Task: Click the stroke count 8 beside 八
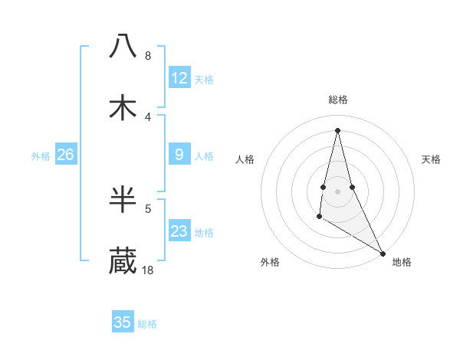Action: coord(147,56)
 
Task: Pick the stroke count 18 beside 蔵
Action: coord(148,270)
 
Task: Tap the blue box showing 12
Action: coord(179,78)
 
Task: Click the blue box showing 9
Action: coord(179,155)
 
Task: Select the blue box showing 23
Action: coord(179,231)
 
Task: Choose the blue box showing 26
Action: coord(65,155)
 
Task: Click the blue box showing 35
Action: coord(123,322)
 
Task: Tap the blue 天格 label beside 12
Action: coord(204,80)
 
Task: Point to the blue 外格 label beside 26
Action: coord(41,156)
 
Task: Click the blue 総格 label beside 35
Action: coord(147,324)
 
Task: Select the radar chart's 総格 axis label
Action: coord(337,100)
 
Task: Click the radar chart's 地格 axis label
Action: coord(402,262)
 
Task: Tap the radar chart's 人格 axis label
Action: coord(245,159)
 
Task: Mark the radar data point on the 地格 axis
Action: coord(383,253)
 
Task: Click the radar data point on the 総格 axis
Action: coord(337,129)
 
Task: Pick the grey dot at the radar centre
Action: coord(337,191)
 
